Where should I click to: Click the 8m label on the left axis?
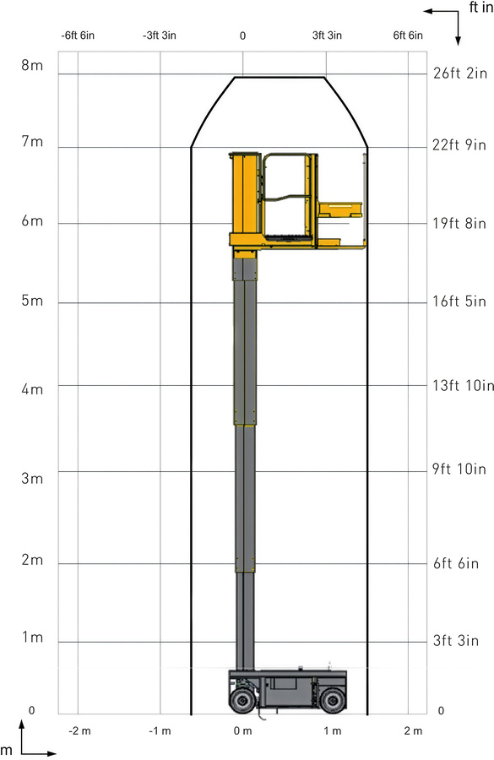32,65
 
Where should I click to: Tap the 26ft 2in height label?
460,73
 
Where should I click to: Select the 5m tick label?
32,301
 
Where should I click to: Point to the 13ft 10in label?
463,385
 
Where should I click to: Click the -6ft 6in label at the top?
78,35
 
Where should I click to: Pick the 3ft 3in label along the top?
327,35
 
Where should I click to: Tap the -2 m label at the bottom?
79,731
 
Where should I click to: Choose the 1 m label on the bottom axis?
333,731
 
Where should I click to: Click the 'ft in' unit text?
480,8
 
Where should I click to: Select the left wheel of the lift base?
241,700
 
